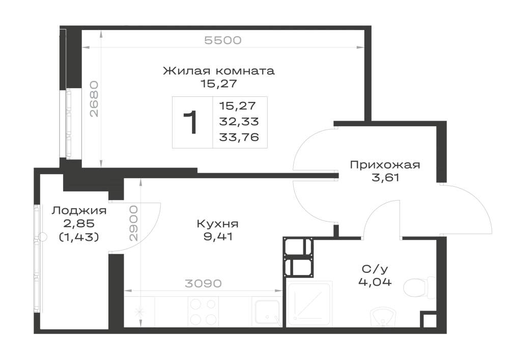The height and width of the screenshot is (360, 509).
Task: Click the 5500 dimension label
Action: point(223,40)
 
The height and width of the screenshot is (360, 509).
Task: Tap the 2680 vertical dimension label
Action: point(94,99)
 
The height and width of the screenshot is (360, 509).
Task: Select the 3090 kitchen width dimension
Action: point(203,284)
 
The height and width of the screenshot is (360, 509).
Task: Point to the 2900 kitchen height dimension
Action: point(133,223)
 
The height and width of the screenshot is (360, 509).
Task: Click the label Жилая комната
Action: point(218,71)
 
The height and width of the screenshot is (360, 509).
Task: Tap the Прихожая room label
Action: point(385,165)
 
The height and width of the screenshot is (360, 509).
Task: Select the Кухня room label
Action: point(217,224)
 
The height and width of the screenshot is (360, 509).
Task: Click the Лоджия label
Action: point(79,211)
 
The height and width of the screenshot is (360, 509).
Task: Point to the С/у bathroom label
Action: point(375,269)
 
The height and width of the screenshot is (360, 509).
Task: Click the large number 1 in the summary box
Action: point(190,122)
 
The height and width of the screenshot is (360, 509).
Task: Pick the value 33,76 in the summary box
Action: point(239,137)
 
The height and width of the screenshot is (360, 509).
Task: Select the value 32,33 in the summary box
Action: point(239,121)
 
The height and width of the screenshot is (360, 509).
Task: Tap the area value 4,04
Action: point(375,282)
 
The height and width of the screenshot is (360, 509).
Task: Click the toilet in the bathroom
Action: point(419,287)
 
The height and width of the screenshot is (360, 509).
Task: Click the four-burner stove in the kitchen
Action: point(203,312)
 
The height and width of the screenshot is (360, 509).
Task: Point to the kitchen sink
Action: point(267,312)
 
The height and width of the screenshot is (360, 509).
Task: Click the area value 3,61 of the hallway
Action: point(385,178)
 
